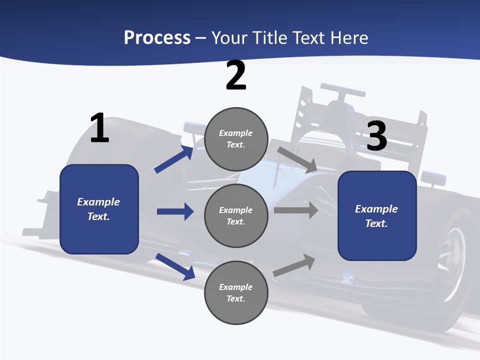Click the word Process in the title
[157, 38]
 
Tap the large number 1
[99, 128]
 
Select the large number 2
[236, 75]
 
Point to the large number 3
[377, 136]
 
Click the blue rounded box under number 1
[99, 209]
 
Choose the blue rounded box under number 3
[377, 216]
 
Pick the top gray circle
[236, 139]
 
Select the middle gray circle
[236, 216]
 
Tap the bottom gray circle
[236, 293]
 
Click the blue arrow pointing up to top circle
[174, 159]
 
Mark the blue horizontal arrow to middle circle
[175, 211]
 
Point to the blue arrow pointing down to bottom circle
[175, 266]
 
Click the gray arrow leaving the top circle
[297, 159]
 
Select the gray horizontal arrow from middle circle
[296, 210]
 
